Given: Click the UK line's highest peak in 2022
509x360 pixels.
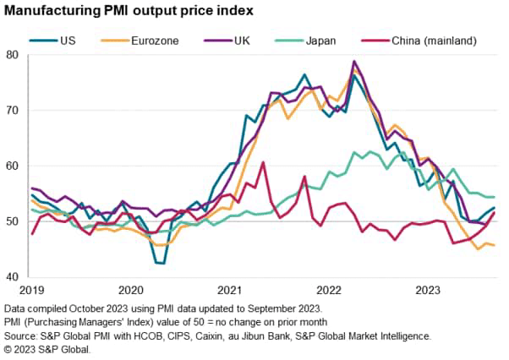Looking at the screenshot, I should coord(353,61).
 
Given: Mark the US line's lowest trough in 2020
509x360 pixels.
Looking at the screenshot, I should coord(160,264).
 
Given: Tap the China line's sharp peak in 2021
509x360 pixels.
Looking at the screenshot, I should coord(263,162).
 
